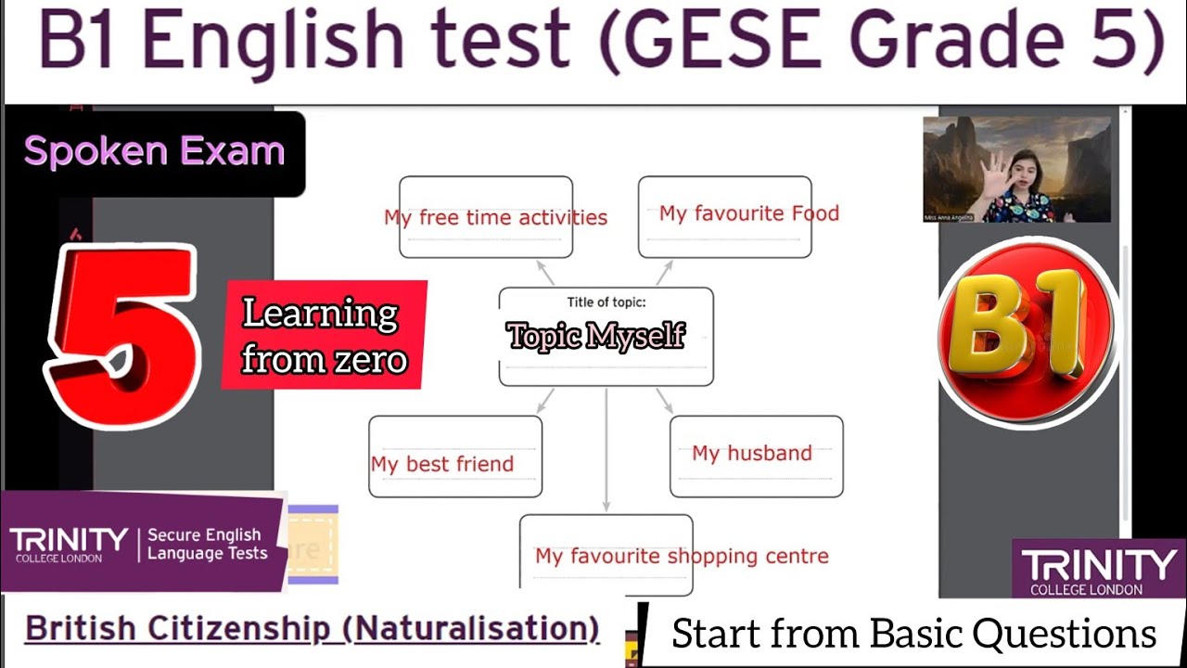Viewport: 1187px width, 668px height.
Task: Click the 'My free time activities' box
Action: pyautogui.click(x=486, y=217)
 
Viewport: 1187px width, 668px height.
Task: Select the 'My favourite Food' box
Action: pyautogui.click(x=725, y=216)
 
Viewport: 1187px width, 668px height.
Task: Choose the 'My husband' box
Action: pyautogui.click(x=756, y=456)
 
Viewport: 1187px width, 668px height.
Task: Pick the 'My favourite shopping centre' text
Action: pyautogui.click(x=682, y=556)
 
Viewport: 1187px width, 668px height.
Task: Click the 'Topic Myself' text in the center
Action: pyautogui.click(x=595, y=336)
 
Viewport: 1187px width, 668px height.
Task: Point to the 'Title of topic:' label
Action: pyautogui.click(x=606, y=302)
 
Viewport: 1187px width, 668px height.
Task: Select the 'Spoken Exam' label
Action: pyautogui.click(x=154, y=151)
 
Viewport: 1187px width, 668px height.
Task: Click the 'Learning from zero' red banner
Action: pyautogui.click(x=324, y=335)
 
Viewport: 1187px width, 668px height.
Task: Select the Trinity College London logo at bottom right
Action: pyautogui.click(x=1098, y=569)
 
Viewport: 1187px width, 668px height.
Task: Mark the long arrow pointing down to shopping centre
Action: pyautogui.click(x=606, y=449)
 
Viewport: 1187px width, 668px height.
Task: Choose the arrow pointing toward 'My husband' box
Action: pyautogui.click(x=665, y=401)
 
